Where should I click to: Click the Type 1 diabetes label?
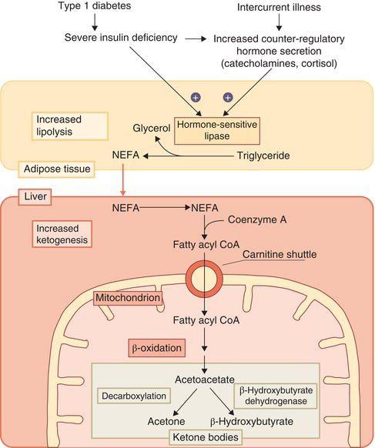click(x=95, y=6)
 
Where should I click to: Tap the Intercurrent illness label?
click(x=279, y=7)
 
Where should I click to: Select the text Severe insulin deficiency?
click(x=121, y=38)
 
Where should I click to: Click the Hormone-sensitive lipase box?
click(x=217, y=131)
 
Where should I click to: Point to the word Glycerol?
click(x=151, y=128)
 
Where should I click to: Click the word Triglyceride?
click(x=263, y=155)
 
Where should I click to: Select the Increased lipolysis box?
click(x=70, y=126)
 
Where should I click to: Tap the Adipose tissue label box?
click(x=56, y=169)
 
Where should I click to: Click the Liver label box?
click(x=35, y=196)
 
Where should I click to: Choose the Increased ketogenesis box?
click(x=62, y=234)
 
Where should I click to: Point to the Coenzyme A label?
click(x=257, y=219)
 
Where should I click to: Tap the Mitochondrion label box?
click(x=128, y=298)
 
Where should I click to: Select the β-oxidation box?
click(x=156, y=348)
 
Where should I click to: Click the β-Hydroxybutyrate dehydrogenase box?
click(x=276, y=396)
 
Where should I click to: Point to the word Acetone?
click(x=166, y=421)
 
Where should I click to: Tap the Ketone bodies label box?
click(x=206, y=437)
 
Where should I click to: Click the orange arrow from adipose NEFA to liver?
click(x=123, y=179)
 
